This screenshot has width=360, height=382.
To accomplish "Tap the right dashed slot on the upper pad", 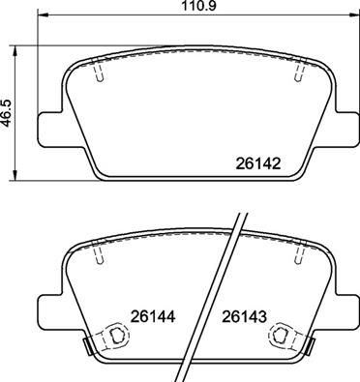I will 291,72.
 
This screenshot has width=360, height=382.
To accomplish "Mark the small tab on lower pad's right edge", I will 307,344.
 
